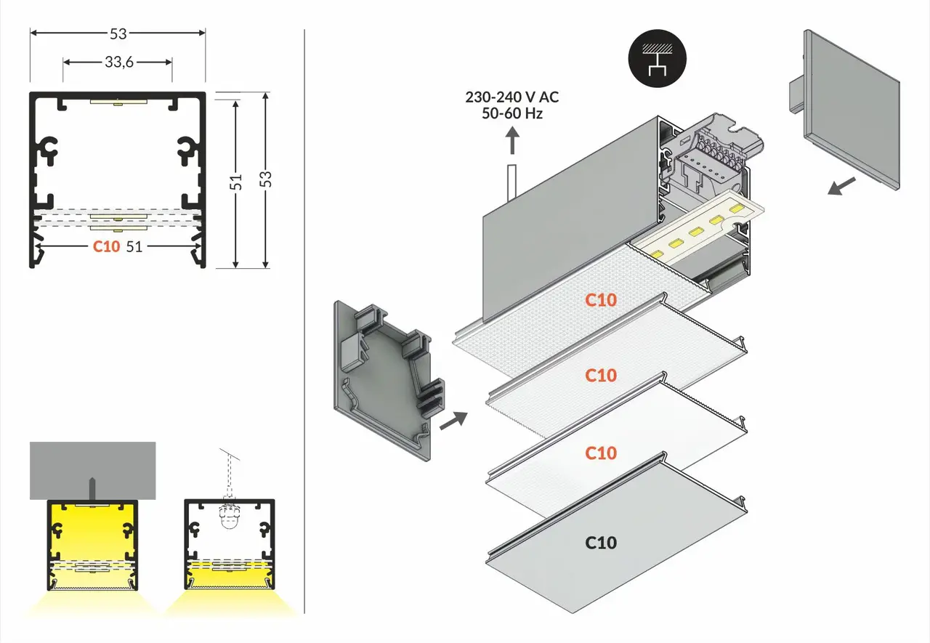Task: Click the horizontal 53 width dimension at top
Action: (x=118, y=33)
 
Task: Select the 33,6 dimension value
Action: (x=118, y=62)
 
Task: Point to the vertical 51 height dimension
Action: (x=236, y=182)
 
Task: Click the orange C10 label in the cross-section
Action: (x=106, y=246)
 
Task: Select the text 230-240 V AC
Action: (x=512, y=97)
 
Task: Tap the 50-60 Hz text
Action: (x=512, y=113)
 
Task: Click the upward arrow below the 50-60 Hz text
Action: (x=512, y=139)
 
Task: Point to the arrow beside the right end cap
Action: (x=842, y=186)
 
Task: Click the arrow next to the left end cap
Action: (x=453, y=419)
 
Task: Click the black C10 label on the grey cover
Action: (x=601, y=542)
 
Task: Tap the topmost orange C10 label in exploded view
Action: (x=601, y=299)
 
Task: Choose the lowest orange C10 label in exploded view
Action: (x=601, y=453)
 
